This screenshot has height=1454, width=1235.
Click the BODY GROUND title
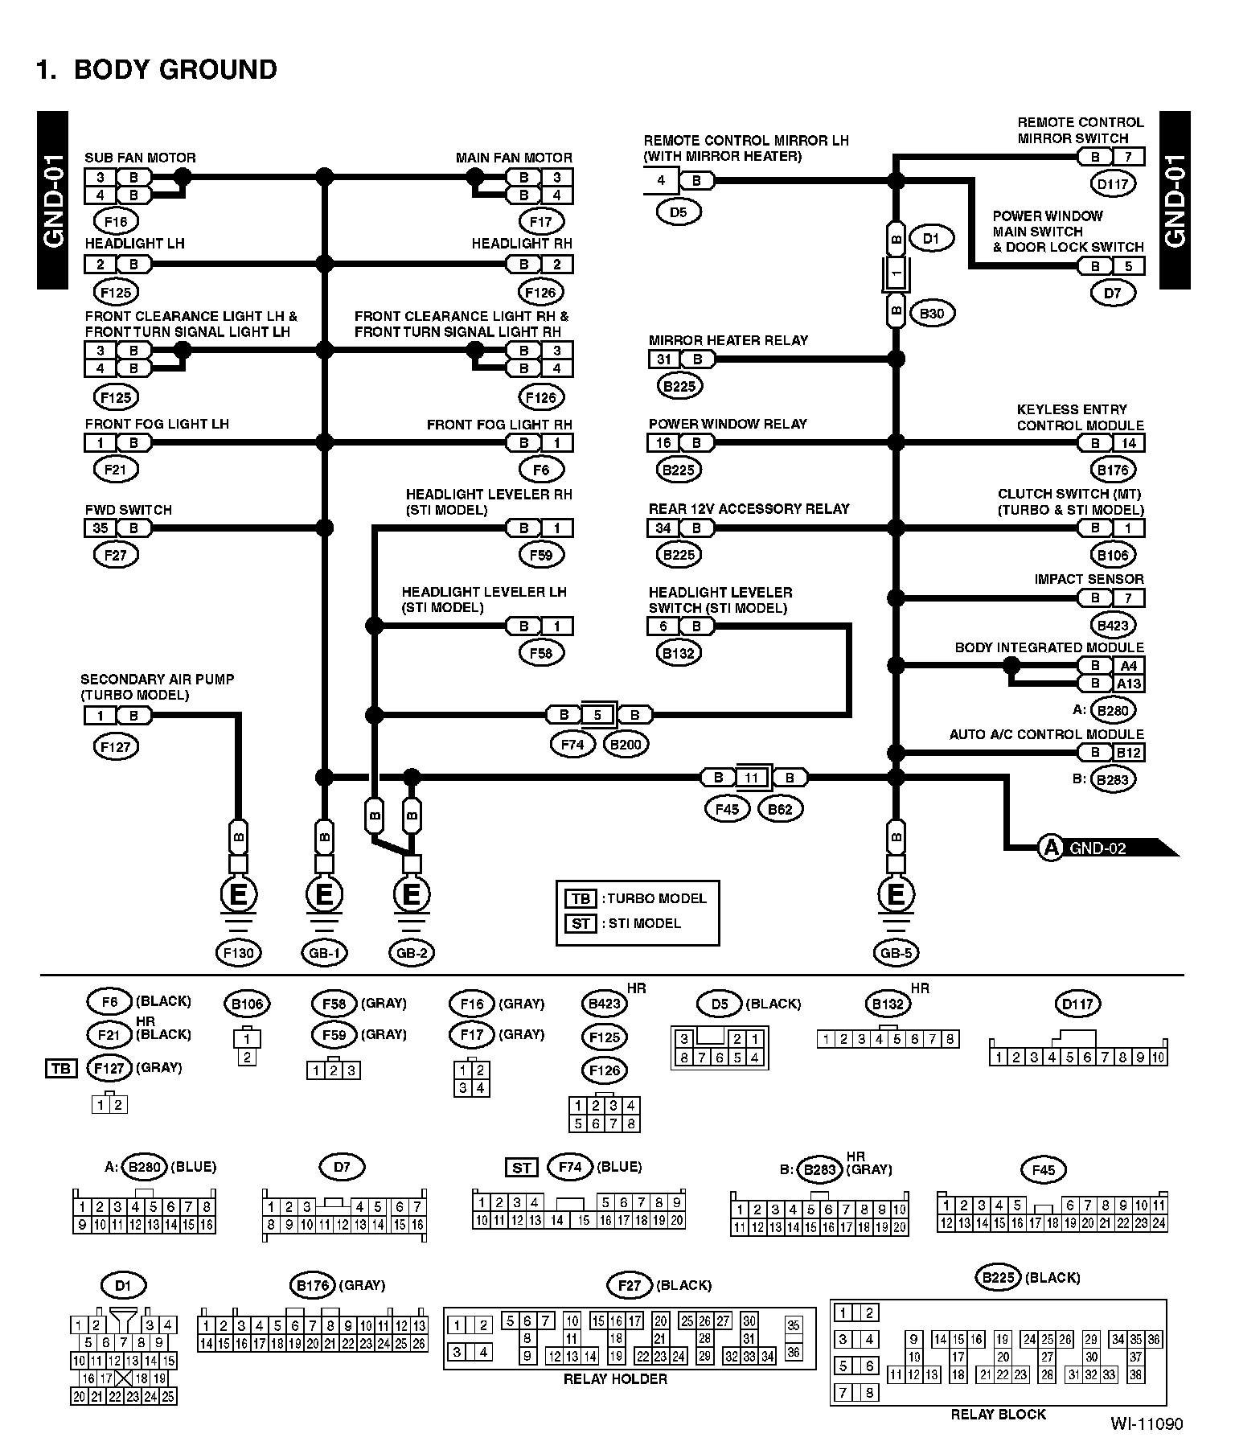pyautogui.click(x=157, y=70)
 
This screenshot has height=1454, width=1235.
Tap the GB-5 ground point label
pyautogui.click(x=896, y=953)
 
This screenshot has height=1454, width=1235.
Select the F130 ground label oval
pyautogui.click(x=239, y=953)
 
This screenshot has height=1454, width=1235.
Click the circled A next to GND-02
pyautogui.click(x=1051, y=848)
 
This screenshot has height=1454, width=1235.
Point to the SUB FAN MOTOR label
pyautogui.click(x=140, y=158)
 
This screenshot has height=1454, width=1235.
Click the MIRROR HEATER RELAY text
pyautogui.click(x=728, y=340)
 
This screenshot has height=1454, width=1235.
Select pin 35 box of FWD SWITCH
pyautogui.click(x=101, y=528)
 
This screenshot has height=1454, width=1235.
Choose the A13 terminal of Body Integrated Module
pyautogui.click(x=1128, y=684)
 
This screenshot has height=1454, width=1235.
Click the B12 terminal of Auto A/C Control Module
pyautogui.click(x=1128, y=753)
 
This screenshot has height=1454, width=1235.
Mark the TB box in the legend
pyautogui.click(x=581, y=898)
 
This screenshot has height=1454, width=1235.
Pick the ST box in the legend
pyautogui.click(x=581, y=923)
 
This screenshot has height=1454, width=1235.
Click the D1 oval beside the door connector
pyautogui.click(x=931, y=239)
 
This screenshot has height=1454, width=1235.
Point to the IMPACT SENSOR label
pyautogui.click(x=1089, y=579)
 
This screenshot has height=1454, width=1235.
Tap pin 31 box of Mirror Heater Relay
pyautogui.click(x=664, y=359)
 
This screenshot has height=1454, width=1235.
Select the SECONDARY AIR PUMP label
pyautogui.click(x=158, y=680)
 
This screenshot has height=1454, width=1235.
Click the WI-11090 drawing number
pyautogui.click(x=1147, y=1424)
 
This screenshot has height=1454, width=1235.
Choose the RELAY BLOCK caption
pyautogui.click(x=998, y=1414)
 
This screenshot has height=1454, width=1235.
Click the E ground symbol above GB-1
pyautogui.click(x=324, y=894)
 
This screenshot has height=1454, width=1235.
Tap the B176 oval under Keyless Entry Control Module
pyautogui.click(x=1113, y=470)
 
